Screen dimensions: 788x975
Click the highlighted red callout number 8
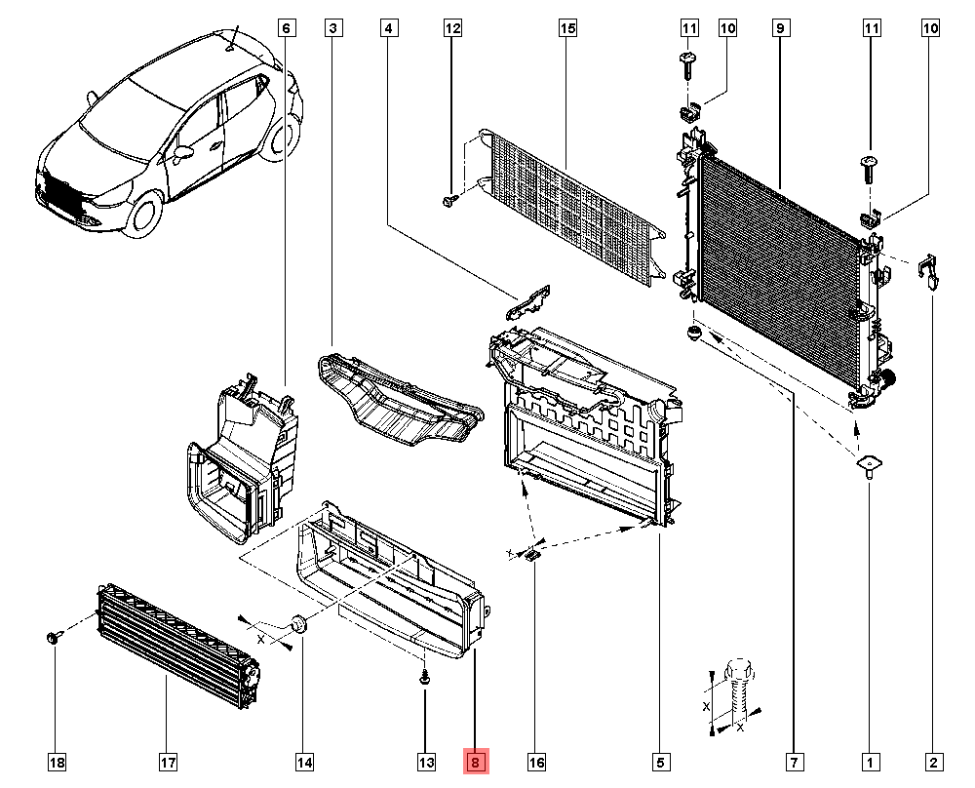(x=475, y=762)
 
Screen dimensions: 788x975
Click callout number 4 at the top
(x=388, y=29)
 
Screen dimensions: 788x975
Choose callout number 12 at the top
(x=452, y=29)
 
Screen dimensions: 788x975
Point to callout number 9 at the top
(x=780, y=29)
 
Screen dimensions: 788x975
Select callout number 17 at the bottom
(x=167, y=762)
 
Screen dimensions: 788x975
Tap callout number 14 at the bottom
(x=303, y=762)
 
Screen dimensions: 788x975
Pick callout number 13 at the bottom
(x=426, y=762)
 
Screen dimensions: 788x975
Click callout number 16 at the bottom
(x=535, y=762)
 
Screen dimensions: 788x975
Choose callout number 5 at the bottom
(x=660, y=762)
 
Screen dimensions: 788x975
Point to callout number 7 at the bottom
(x=794, y=762)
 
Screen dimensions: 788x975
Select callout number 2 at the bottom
(x=933, y=762)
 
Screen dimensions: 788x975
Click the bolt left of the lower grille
(x=53, y=638)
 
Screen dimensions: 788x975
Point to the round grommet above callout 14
(x=299, y=623)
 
